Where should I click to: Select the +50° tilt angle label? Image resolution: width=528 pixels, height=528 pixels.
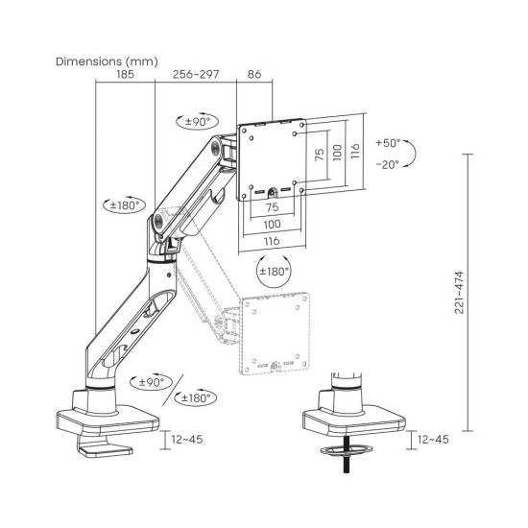[389, 140]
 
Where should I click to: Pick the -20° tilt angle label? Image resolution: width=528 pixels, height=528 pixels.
[389, 164]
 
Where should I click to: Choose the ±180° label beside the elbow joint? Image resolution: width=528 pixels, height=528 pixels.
[124, 204]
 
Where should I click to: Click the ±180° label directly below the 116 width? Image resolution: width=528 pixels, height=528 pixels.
[274, 271]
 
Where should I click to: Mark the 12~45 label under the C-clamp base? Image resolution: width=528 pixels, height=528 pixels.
[187, 441]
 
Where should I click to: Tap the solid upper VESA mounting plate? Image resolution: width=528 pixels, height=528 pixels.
[274, 158]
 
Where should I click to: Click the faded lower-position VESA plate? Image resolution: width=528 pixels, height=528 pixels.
[276, 331]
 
